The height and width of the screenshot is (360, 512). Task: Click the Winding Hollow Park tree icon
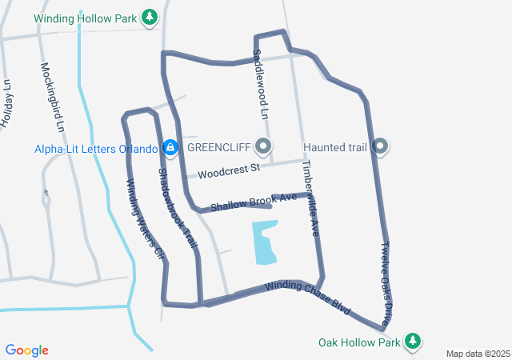(x=149, y=17)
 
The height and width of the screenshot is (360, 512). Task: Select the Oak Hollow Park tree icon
(x=413, y=342)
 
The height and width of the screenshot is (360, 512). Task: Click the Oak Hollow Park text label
(x=358, y=342)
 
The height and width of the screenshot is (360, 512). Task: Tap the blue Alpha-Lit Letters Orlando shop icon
(x=170, y=147)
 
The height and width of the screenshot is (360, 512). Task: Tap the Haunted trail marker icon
(x=381, y=146)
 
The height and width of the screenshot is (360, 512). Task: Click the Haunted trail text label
(x=334, y=147)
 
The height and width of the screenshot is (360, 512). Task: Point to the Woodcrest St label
(x=230, y=171)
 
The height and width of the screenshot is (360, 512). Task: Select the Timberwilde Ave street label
(x=310, y=199)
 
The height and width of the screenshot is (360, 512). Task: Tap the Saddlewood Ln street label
(x=258, y=84)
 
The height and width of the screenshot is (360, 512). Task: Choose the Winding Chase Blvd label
(x=309, y=296)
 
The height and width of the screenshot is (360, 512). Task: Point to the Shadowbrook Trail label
(x=178, y=207)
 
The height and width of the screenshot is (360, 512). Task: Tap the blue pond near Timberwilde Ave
(x=265, y=242)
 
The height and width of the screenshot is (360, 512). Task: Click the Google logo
(x=27, y=350)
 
